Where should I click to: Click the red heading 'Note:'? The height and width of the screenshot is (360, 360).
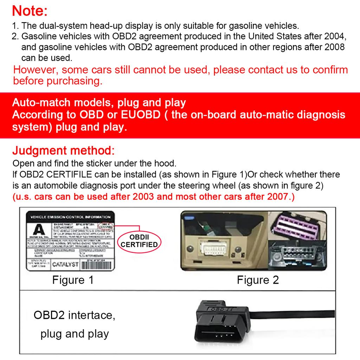[30, 11]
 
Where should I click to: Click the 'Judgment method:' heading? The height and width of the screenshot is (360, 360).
[63, 151]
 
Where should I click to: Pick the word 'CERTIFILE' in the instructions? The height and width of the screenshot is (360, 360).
[70, 175]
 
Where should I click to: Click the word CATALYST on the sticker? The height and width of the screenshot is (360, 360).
[65, 264]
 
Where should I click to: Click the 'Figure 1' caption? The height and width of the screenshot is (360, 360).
[73, 280]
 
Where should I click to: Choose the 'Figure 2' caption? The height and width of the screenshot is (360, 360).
[258, 280]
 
